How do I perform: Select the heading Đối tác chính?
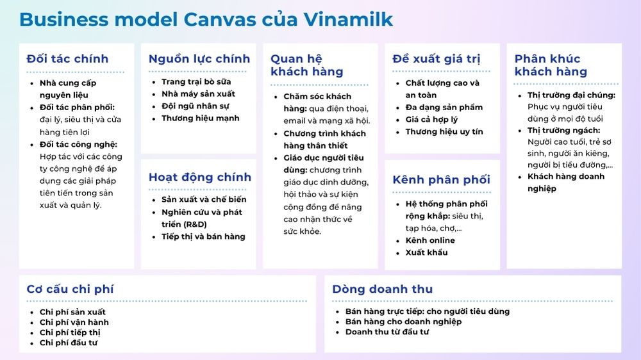(x=67, y=59)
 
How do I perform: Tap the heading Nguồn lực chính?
(x=199, y=59)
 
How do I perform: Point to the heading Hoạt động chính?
(x=200, y=177)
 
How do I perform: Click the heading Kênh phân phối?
(x=441, y=180)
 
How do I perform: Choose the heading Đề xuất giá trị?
(x=436, y=59)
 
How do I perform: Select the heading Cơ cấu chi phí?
(x=71, y=289)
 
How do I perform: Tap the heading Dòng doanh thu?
(x=382, y=289)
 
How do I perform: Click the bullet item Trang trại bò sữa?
(x=196, y=82)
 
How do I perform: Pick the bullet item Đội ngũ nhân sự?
(x=196, y=106)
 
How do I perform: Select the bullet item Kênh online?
(x=430, y=240)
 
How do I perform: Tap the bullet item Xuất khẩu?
(x=426, y=252)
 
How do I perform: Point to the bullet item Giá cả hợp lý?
(x=431, y=120)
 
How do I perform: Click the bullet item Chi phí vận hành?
(x=74, y=322)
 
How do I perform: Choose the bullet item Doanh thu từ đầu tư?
(x=387, y=332)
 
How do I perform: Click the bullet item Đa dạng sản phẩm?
(x=444, y=108)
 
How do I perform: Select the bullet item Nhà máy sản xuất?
(x=198, y=94)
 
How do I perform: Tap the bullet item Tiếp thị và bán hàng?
(x=203, y=236)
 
